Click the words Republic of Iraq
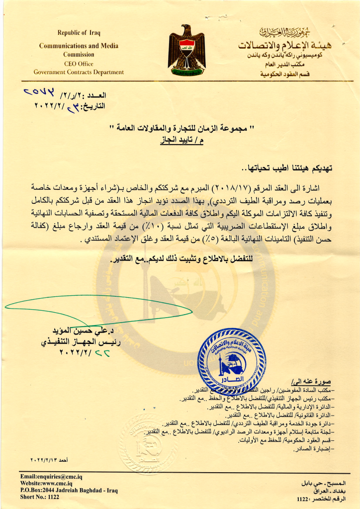79,33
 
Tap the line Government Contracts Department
79,72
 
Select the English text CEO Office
79,64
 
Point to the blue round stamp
231,361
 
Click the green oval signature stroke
99,309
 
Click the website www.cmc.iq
47,483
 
